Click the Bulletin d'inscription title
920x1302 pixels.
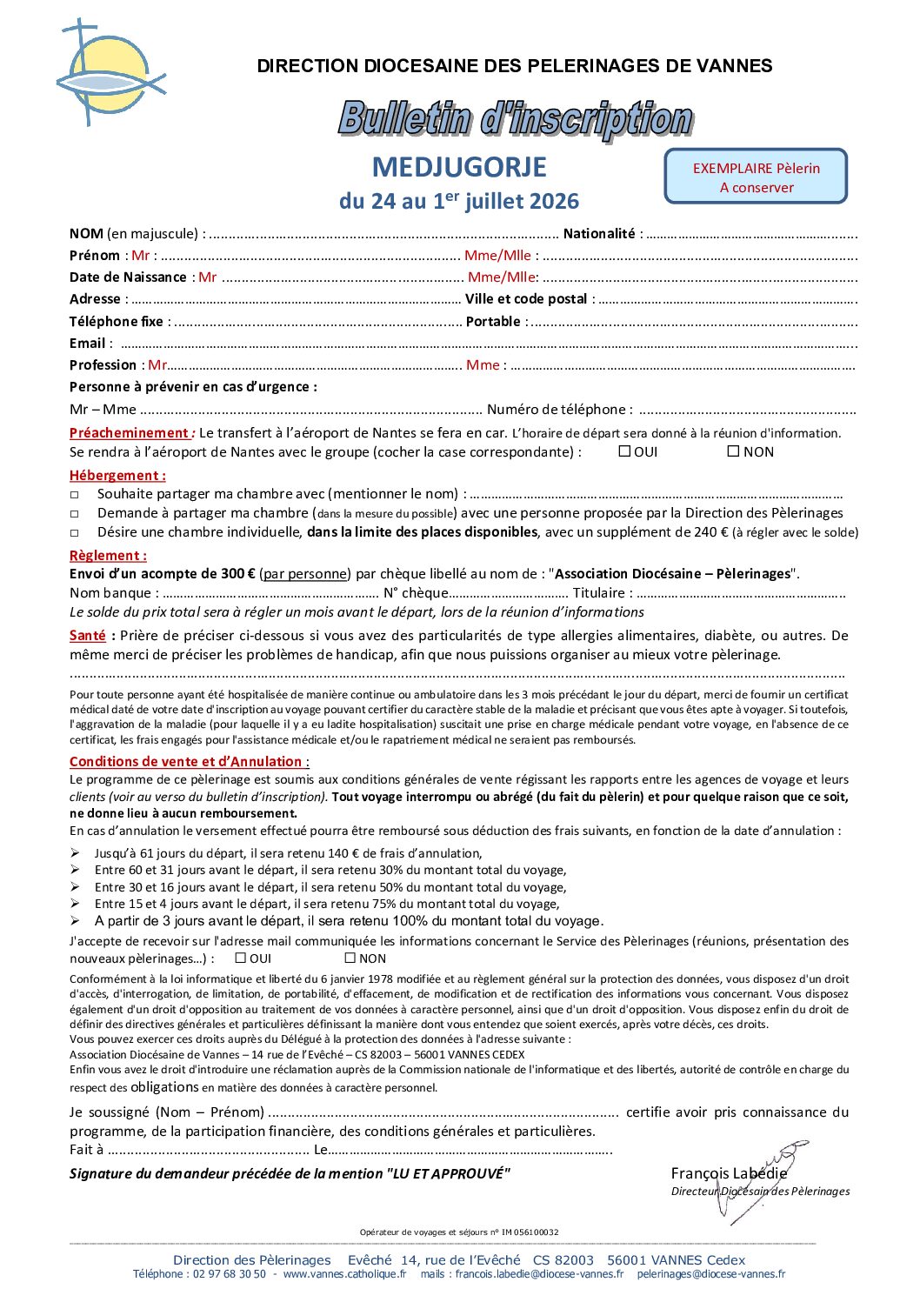click(516, 119)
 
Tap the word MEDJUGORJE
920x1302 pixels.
click(459, 167)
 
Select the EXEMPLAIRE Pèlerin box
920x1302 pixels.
click(756, 177)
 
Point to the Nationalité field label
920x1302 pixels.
click(599, 234)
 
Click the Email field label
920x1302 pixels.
click(87, 344)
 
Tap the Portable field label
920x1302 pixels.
click(493, 322)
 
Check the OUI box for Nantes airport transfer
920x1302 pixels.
click(624, 451)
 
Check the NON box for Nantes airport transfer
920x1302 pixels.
click(733, 451)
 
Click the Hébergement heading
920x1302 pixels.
click(117, 476)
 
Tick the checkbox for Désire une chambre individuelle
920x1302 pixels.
click(75, 533)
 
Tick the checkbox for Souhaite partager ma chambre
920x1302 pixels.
click(75, 495)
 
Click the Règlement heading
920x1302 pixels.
click(108, 556)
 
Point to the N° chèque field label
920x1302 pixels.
click(416, 593)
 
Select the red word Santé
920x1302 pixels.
click(88, 636)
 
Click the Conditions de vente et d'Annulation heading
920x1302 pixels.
click(187, 762)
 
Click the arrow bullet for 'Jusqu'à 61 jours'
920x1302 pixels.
click(76, 853)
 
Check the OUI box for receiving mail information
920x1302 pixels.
click(241, 958)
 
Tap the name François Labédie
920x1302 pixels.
click(728, 1173)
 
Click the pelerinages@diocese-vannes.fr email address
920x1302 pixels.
click(710, 1274)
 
